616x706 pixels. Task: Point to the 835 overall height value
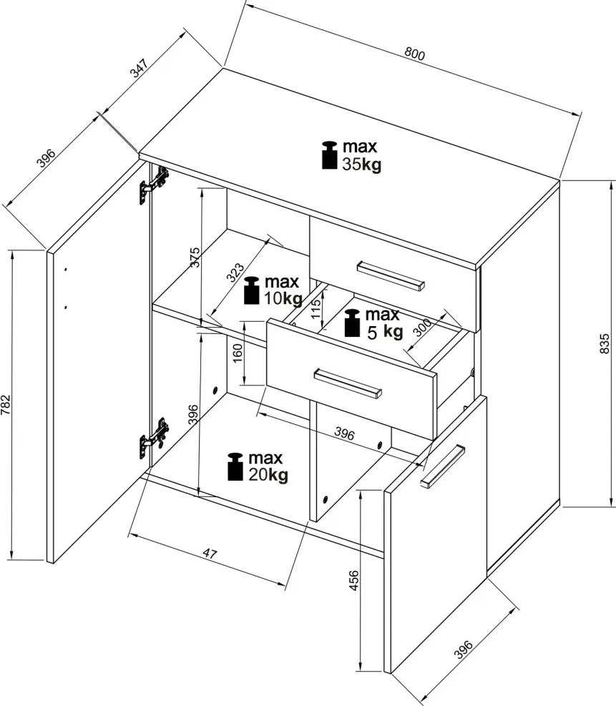click(605, 344)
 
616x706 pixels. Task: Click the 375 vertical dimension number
click(195, 258)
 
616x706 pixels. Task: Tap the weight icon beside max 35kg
click(329, 155)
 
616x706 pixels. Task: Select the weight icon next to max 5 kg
click(352, 323)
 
